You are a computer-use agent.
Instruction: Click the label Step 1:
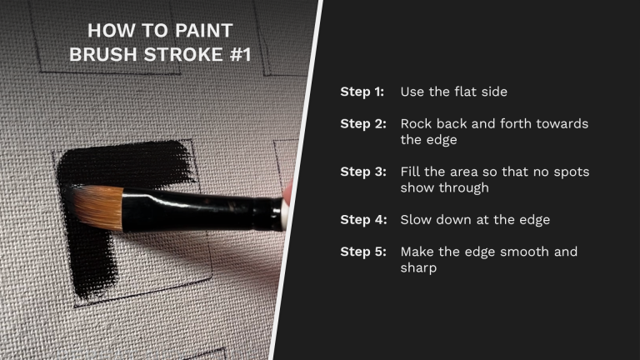[x=362, y=92]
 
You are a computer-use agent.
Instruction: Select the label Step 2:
[x=362, y=123]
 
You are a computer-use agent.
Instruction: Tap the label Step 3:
[x=362, y=172]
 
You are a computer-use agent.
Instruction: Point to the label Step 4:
[x=362, y=220]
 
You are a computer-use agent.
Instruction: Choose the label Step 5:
[x=362, y=252]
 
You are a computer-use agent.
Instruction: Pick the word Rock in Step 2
[x=416, y=123]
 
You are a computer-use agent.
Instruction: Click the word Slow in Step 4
[x=416, y=220]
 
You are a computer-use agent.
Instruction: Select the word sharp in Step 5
[x=419, y=268]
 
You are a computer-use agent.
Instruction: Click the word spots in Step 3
[x=572, y=172]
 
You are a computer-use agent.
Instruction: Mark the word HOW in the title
[x=105, y=32]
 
